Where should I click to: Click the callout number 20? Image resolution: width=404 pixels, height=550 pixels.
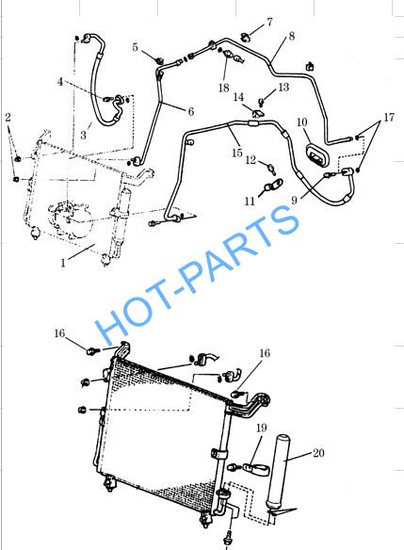click(x=318, y=453)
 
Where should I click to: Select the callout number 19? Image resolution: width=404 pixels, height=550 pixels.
click(x=261, y=428)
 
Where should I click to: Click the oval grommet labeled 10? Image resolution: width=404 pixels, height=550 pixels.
click(x=317, y=155)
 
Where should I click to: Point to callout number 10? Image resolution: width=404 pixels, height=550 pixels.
click(x=301, y=122)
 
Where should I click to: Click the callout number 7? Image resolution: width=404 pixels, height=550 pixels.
click(x=269, y=22)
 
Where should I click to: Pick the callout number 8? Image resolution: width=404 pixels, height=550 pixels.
click(x=292, y=36)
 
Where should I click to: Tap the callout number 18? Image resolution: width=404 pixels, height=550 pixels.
click(x=224, y=88)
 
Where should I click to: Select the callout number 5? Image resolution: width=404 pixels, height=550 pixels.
click(x=135, y=47)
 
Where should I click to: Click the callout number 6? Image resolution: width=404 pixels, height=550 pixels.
click(x=191, y=111)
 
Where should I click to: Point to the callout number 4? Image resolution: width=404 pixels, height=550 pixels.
click(x=60, y=81)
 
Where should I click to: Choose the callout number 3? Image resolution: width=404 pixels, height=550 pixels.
click(x=83, y=135)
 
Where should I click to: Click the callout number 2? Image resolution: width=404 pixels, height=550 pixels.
click(x=8, y=117)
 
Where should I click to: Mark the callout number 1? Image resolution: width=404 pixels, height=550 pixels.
click(x=63, y=263)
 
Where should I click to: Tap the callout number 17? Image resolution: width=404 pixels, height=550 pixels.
click(x=389, y=117)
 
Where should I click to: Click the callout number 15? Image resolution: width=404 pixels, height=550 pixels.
click(x=237, y=153)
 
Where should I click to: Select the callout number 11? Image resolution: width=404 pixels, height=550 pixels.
click(x=250, y=201)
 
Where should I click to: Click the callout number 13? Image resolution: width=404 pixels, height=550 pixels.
click(x=283, y=87)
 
